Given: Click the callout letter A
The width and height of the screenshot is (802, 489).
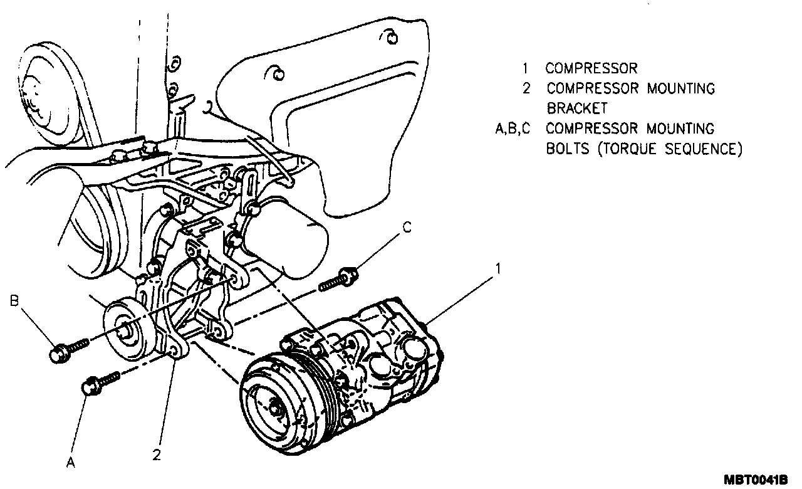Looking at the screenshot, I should click(x=71, y=463).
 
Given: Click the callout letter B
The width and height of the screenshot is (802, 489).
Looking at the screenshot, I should click(x=14, y=302).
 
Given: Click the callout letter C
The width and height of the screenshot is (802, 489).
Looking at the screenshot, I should click(x=407, y=228).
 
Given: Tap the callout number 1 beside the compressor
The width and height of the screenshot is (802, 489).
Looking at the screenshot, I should click(x=498, y=268).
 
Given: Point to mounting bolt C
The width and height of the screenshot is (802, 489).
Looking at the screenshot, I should click(x=339, y=280).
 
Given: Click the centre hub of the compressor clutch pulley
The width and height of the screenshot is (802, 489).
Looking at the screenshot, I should click(x=274, y=408).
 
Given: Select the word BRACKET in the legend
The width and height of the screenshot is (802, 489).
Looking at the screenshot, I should click(x=576, y=108).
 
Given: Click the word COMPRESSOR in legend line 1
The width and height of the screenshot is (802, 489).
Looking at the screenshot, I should click(x=591, y=68).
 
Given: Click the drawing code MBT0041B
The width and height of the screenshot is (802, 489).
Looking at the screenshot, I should click(x=755, y=480).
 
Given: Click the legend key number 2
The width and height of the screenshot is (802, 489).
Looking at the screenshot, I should click(x=527, y=88).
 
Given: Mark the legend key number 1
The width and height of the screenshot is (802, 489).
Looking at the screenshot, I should click(x=527, y=68).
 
